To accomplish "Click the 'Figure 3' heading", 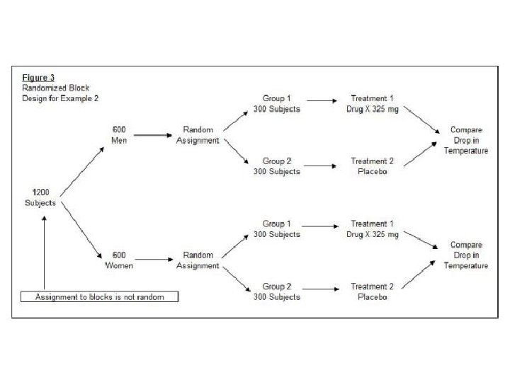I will click(38, 78).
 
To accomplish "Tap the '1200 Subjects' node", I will click(40, 197).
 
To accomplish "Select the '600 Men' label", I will click(119, 135).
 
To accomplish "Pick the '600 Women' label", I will click(119, 260).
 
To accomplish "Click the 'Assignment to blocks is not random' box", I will click(100, 297).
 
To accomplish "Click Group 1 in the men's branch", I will click(277, 104).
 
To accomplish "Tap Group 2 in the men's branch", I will click(277, 166).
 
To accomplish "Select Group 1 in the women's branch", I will click(277, 228).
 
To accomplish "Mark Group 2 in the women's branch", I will click(277, 291).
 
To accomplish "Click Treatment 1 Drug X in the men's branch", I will click(373, 104).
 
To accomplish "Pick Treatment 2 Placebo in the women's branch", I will click(373, 291).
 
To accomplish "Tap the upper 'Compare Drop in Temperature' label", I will click(466, 141).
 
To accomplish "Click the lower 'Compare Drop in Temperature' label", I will click(466, 255).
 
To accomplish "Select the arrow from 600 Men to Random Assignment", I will click(154, 135).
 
